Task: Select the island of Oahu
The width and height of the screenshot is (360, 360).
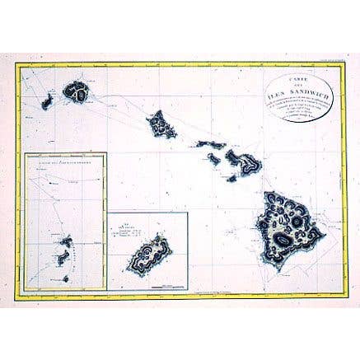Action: click(x=161, y=125)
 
